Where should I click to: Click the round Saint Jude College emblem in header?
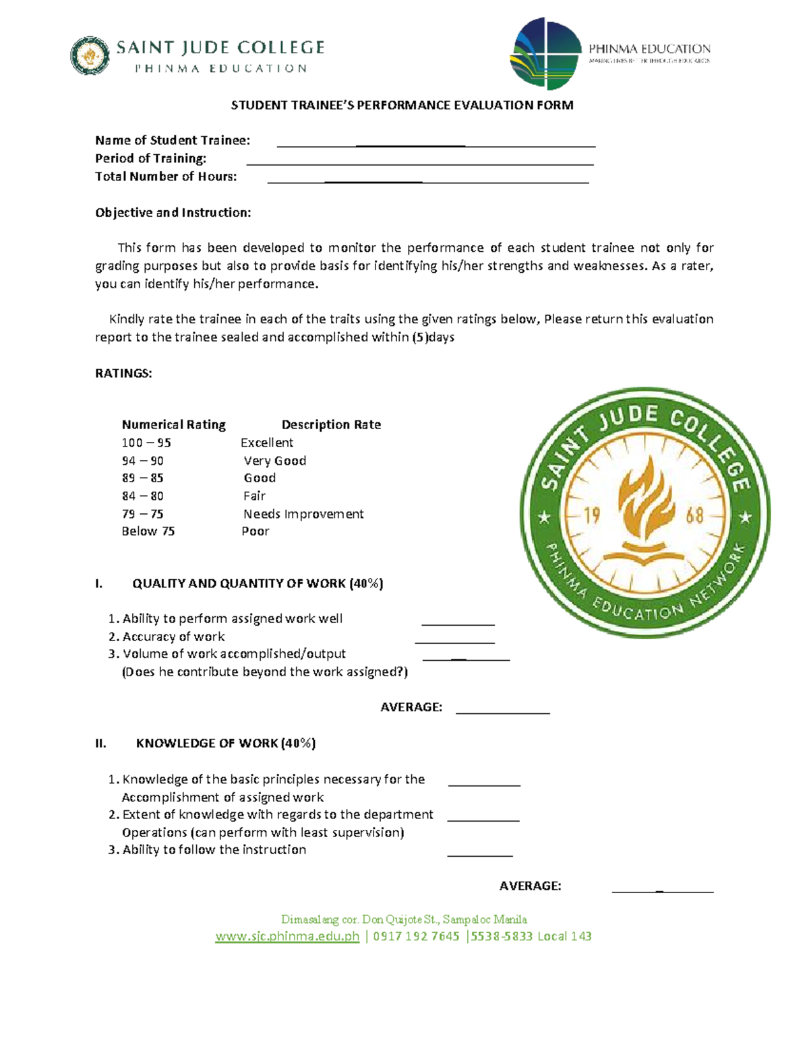coord(90,55)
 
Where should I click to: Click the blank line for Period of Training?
coord(419,162)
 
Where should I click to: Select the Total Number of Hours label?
coord(166,176)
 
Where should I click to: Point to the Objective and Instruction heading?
coord(173,212)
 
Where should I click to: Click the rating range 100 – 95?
coord(146,443)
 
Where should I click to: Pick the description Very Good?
coord(275,461)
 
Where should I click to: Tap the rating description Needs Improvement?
coord(303,514)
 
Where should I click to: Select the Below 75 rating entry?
coord(148,531)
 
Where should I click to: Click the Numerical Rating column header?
coord(173,424)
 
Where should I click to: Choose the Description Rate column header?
coord(331,424)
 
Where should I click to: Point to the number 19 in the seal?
coord(592,517)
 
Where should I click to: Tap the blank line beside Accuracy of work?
coord(454,642)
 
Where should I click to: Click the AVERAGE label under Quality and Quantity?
coord(411,707)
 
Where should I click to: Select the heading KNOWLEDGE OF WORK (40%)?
coord(226,743)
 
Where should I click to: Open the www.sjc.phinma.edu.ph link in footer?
coord(287,936)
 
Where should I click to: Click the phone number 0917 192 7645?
coord(416,936)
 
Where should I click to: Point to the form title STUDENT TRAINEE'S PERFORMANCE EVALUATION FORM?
coord(402,105)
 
